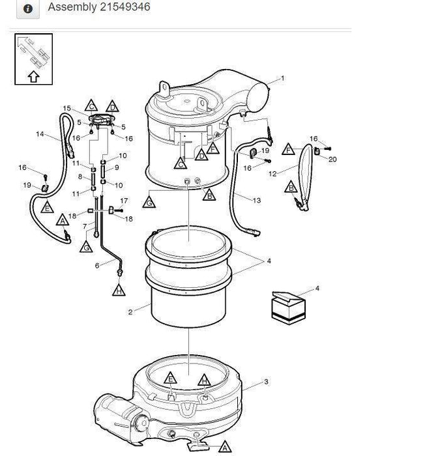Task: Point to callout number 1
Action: click(x=282, y=79)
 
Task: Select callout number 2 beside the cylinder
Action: click(x=130, y=313)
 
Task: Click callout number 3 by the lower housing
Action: click(x=266, y=382)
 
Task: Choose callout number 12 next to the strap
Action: click(x=272, y=173)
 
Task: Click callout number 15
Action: click(x=66, y=108)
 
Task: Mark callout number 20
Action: click(x=333, y=159)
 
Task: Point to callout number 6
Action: click(x=97, y=265)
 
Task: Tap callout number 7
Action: click(x=85, y=226)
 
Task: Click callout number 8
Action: click(x=81, y=177)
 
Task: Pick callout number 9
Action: click(x=117, y=168)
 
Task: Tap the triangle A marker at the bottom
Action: click(x=224, y=447)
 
